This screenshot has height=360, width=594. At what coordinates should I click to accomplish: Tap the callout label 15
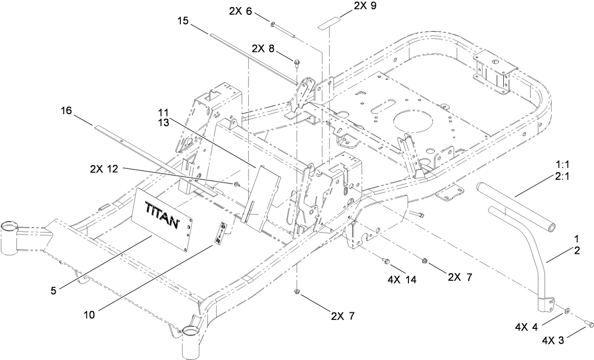click(x=184, y=21)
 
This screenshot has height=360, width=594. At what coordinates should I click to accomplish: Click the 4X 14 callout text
click(x=402, y=279)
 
